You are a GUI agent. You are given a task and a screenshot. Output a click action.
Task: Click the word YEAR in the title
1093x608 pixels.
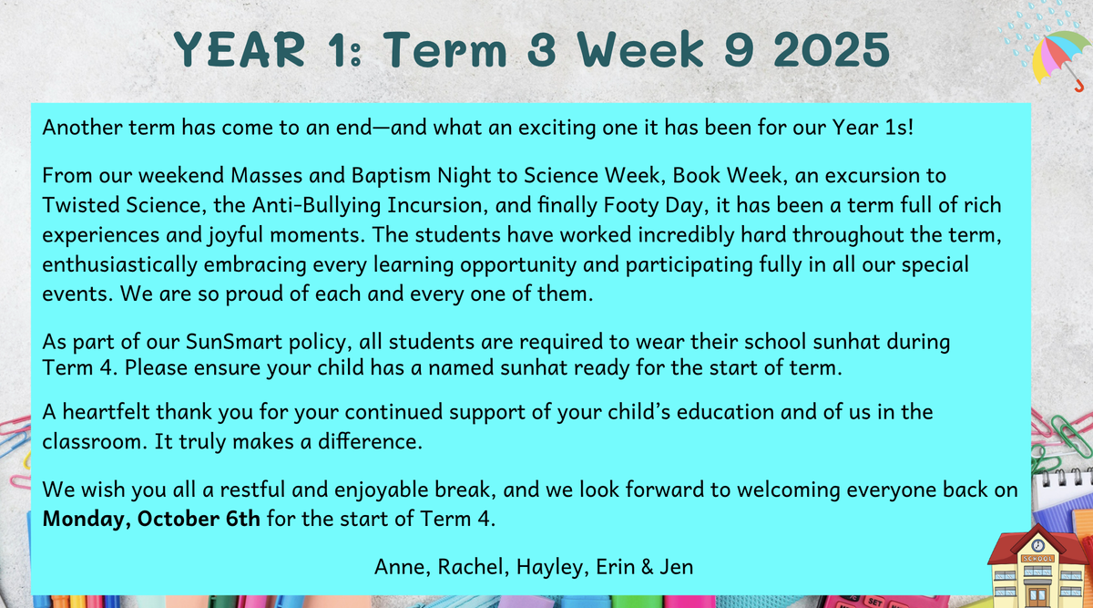(x=240, y=49)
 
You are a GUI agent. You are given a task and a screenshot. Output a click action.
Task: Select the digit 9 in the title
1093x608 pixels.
(x=739, y=49)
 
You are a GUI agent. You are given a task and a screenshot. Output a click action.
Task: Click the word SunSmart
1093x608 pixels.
(x=234, y=342)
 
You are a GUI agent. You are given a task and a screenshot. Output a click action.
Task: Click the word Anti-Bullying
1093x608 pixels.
(x=316, y=206)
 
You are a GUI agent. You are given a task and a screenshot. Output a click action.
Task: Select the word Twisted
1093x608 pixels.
(x=81, y=205)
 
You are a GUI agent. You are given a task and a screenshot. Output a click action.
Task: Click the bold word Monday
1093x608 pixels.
(x=87, y=520)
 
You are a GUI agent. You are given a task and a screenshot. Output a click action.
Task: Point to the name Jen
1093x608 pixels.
(x=676, y=567)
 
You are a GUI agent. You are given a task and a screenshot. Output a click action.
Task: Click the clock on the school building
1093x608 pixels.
(x=1038, y=545)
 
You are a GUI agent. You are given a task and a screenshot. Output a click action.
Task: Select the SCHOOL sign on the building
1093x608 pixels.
(x=1037, y=559)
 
